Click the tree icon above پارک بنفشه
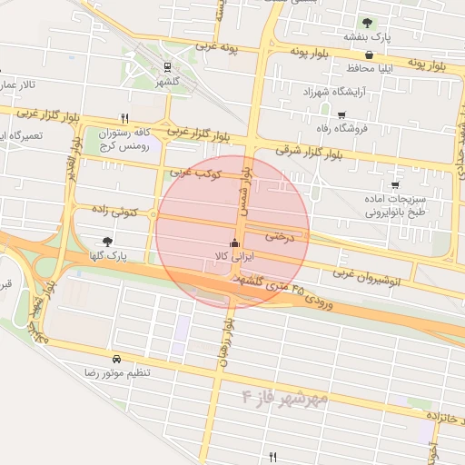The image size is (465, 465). pos(367,22)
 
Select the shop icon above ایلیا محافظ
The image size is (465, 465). pos(367,54)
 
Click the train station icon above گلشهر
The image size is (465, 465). pos(166,66)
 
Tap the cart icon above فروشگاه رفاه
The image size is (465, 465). pos(341,114)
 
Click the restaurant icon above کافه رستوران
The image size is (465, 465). pos(124,118)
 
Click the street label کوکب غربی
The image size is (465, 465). pos(190,171)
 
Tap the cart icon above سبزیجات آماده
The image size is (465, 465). pos(394,185)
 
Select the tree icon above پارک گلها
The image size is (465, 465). pos(108,242)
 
